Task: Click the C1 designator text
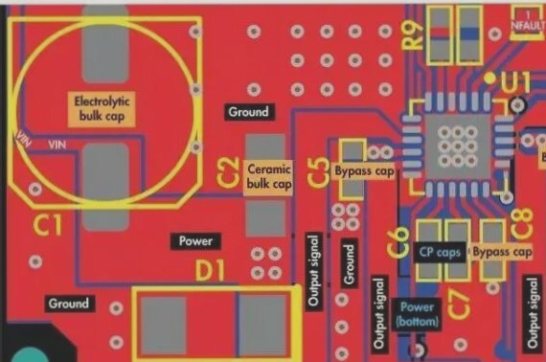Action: (x=47, y=226)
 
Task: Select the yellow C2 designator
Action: (x=227, y=173)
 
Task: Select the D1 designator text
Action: (x=210, y=271)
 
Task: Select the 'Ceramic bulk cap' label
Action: (x=268, y=175)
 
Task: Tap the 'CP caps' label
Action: (x=441, y=252)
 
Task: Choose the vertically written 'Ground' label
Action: (x=349, y=264)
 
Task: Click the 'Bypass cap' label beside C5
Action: (x=364, y=171)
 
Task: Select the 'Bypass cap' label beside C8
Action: (x=503, y=252)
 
